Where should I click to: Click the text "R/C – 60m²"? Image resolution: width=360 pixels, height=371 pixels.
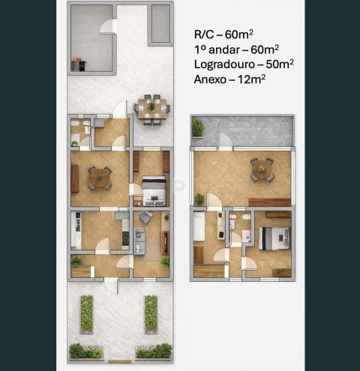[223, 34]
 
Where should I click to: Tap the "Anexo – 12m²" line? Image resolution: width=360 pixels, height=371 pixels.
[229, 79]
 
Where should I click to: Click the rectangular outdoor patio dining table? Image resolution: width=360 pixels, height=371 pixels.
[152, 109]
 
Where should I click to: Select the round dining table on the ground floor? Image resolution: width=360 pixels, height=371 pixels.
[100, 178]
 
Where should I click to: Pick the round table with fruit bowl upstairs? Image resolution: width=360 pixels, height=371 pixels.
[262, 170]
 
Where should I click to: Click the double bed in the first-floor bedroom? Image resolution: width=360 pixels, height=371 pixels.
[274, 238]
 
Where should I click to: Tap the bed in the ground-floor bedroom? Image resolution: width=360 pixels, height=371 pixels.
[154, 190]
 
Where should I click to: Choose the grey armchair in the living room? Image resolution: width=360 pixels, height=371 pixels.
[146, 217]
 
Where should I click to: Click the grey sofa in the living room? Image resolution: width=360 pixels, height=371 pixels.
[139, 242]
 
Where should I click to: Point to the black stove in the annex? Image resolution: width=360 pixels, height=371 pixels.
[82, 65]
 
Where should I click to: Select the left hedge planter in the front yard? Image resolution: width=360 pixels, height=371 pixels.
[86, 314]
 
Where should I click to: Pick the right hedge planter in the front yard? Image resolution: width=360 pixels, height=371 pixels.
[151, 314]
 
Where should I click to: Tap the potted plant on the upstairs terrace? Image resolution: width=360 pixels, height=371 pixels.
[198, 127]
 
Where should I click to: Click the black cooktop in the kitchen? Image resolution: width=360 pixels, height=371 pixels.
[125, 238]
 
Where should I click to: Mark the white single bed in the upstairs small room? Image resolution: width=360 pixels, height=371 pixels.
[199, 226]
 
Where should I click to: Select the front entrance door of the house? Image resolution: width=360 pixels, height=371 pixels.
[112, 286]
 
